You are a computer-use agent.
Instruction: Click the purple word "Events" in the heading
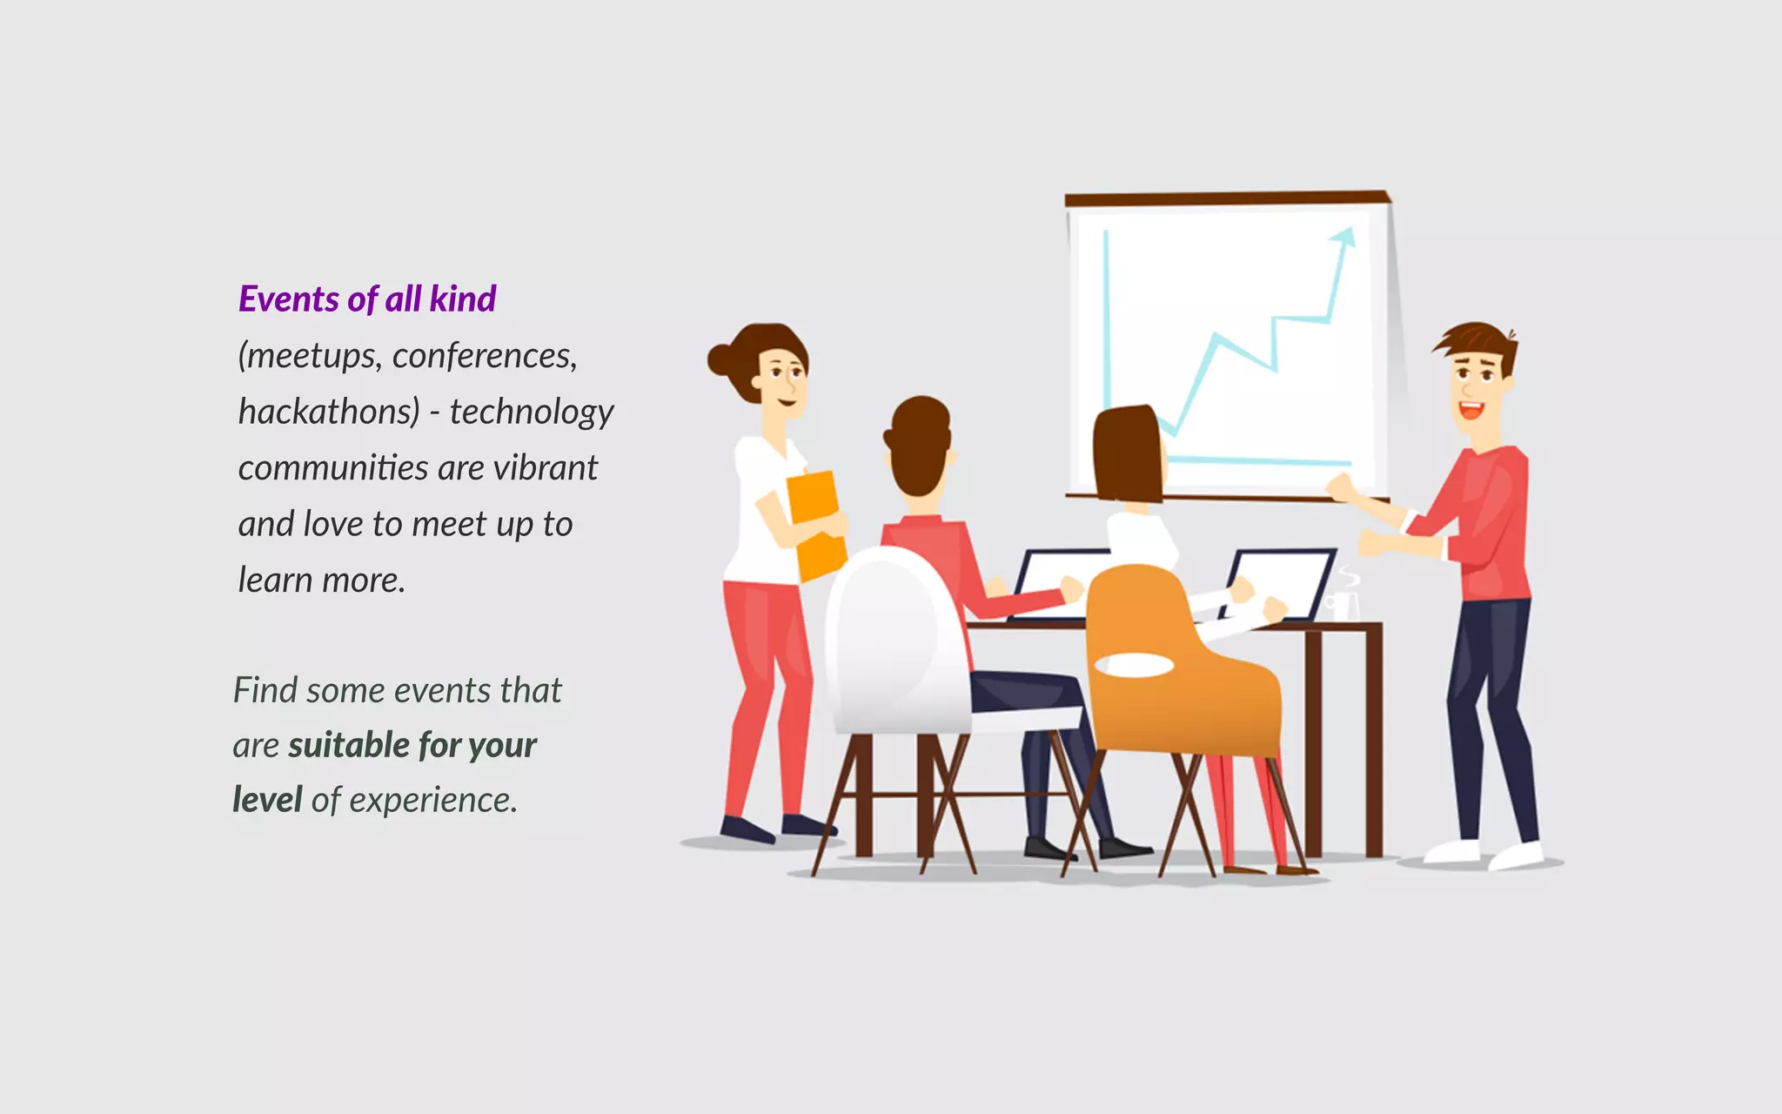point(289,299)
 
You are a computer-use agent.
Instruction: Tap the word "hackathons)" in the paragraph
point(329,412)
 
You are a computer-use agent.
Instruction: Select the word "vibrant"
point(546,468)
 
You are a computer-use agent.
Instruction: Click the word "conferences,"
point(485,356)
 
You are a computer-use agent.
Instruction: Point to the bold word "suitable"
point(349,746)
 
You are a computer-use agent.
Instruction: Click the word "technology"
point(532,412)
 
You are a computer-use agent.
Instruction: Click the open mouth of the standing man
point(1470,410)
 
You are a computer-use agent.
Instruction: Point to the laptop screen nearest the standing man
point(1279,583)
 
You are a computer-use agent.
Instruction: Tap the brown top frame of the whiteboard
point(1227,199)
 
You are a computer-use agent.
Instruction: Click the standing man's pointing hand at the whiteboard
point(1340,487)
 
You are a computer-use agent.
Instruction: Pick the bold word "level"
point(267,801)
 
